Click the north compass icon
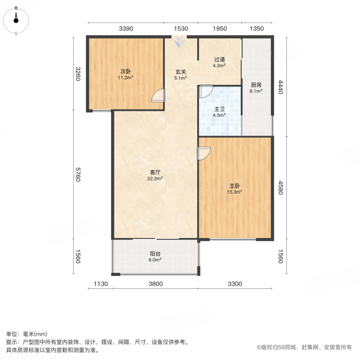pyautogui.click(x=16, y=19)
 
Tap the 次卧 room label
pyautogui.click(x=125, y=72)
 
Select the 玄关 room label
pyautogui.click(x=181, y=72)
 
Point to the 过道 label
pyautogui.click(x=219, y=60)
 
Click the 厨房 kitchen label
pyautogui.click(x=256, y=85)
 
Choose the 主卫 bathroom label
pyautogui.click(x=220, y=109)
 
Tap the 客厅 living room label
pyautogui.click(x=155, y=172)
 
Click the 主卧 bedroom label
pyautogui.click(x=235, y=186)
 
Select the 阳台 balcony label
pyautogui.click(x=156, y=254)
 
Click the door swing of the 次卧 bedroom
pyautogui.click(x=159, y=96)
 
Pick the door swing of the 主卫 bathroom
pyautogui.click(x=206, y=92)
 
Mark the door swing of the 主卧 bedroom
pyautogui.click(x=204, y=154)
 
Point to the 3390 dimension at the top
pyautogui.click(x=126, y=28)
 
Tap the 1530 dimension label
pyautogui.click(x=181, y=28)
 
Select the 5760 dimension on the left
pyautogui.click(x=78, y=174)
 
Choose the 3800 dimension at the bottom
pyautogui.click(x=156, y=284)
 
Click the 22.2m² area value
pyautogui.click(x=155, y=179)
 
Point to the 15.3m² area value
pyautogui.click(x=235, y=192)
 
